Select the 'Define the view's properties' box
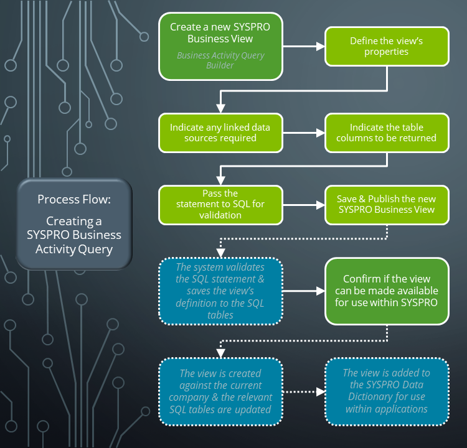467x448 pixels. click(386, 46)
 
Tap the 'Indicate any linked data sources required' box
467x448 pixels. click(220, 133)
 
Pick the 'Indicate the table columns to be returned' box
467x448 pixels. click(386, 133)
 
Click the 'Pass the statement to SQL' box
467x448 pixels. click(220, 204)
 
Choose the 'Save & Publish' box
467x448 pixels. click(386, 204)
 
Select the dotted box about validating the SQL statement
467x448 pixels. click(220, 291)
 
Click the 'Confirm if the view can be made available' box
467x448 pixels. click(386, 291)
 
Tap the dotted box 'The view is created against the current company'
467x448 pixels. click(220, 391)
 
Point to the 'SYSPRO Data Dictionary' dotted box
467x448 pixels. click(386, 391)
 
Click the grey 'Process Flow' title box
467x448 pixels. click(74, 224)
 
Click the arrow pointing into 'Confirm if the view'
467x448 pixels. click(304, 291)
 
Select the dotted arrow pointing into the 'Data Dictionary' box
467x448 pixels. click(304, 391)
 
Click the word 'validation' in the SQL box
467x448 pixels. click(220, 215)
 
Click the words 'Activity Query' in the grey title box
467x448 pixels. click(74, 249)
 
